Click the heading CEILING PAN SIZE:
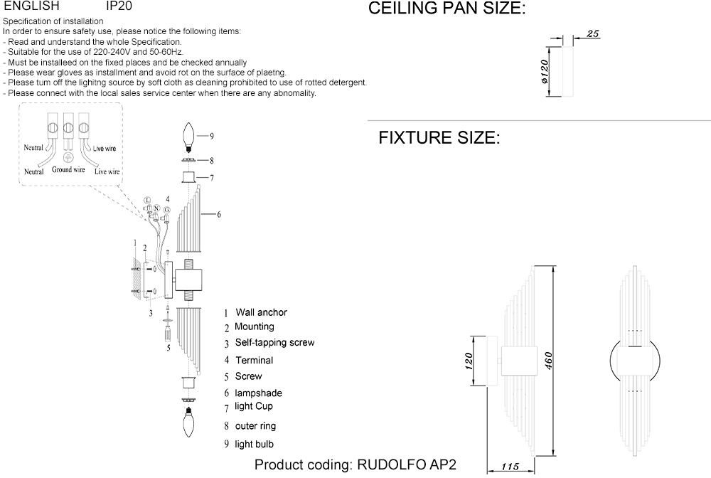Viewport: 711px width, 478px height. pos(447,9)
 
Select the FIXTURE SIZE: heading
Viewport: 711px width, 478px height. pos(439,137)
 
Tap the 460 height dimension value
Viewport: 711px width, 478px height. pos(548,361)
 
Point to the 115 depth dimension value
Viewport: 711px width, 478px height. pos(510,467)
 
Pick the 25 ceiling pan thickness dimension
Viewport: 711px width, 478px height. pos(595,33)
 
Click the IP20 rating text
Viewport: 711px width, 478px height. pos(118,5)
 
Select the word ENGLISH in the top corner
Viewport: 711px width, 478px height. pos(31,5)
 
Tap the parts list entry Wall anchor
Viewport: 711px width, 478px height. pos(262,312)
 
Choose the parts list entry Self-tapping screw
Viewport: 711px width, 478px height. pos(274,343)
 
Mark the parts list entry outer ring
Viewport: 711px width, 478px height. pos(255,426)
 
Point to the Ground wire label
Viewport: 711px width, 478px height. pos(68,170)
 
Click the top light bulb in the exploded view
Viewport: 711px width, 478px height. pos(188,136)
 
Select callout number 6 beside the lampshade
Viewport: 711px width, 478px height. pos(219,214)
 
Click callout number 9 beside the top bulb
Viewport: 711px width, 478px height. pos(211,135)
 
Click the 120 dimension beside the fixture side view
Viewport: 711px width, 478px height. pos(469,361)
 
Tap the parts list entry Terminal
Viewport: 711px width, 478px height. pos(254,361)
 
